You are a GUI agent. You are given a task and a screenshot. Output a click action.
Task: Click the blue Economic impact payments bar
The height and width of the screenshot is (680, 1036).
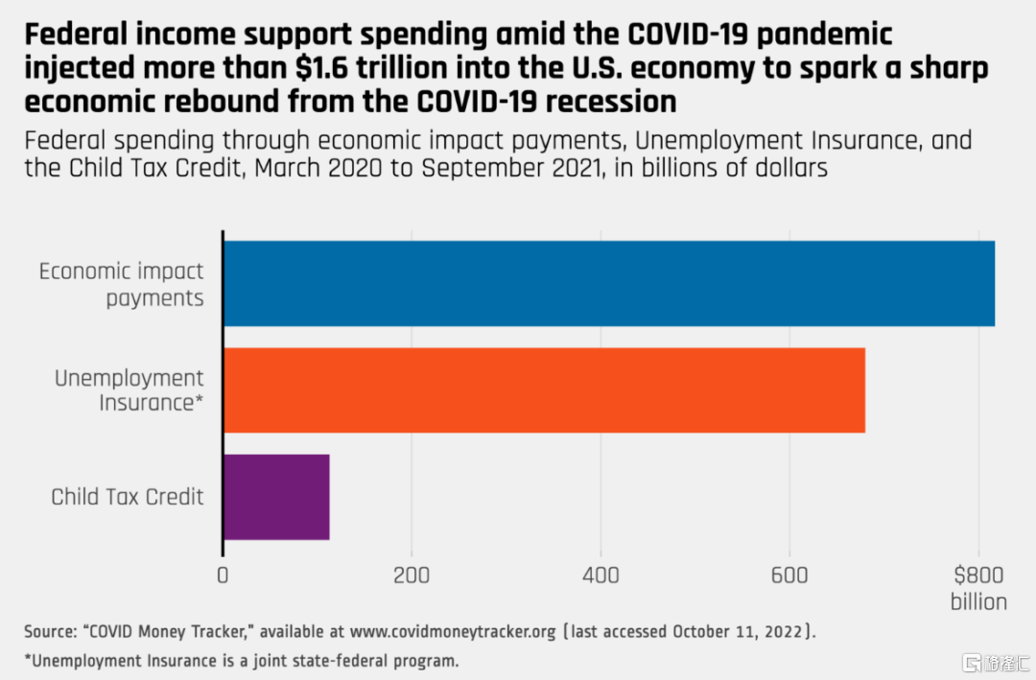coord(609,284)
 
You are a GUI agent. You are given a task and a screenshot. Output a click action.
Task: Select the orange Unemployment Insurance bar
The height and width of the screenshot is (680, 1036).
coord(545,390)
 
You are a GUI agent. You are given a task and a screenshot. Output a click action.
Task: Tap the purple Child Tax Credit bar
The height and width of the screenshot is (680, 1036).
coord(277,497)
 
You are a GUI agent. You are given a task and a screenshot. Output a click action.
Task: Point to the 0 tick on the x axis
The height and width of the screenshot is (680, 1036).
coord(223,574)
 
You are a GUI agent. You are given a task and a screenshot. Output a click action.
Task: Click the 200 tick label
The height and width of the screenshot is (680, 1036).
coord(411,574)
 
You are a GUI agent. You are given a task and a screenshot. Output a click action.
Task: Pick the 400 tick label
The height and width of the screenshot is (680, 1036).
coord(600,574)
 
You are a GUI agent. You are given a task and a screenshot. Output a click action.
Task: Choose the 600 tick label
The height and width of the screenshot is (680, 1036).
coord(789,574)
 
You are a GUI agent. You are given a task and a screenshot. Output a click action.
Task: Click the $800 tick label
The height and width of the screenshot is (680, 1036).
coord(978,574)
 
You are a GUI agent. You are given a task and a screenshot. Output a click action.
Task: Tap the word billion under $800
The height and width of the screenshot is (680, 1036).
coord(978,602)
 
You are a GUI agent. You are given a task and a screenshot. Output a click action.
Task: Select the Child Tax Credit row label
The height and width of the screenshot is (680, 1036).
coord(128,497)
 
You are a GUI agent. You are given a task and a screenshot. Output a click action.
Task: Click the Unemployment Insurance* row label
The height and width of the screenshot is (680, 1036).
coord(129,390)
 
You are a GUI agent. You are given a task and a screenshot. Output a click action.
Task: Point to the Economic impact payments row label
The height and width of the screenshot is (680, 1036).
coord(122,284)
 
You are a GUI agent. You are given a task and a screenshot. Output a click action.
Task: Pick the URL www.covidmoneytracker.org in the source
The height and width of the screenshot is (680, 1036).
coord(453,632)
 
